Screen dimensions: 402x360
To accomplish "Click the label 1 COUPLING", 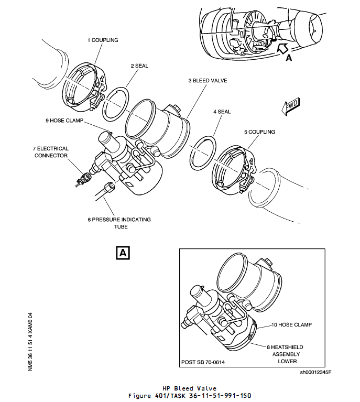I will pyautogui.click(x=103, y=40).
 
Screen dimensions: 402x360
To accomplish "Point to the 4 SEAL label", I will pyautogui.click(x=222, y=112).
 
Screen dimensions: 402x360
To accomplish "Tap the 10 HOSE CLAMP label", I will pyautogui.click(x=291, y=325).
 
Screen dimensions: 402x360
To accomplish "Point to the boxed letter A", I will pyautogui.click(x=122, y=253).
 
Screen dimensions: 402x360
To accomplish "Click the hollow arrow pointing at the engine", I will pyautogui.click(x=282, y=50).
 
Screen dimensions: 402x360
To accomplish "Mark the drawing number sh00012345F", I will pyautogui.click(x=315, y=373).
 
